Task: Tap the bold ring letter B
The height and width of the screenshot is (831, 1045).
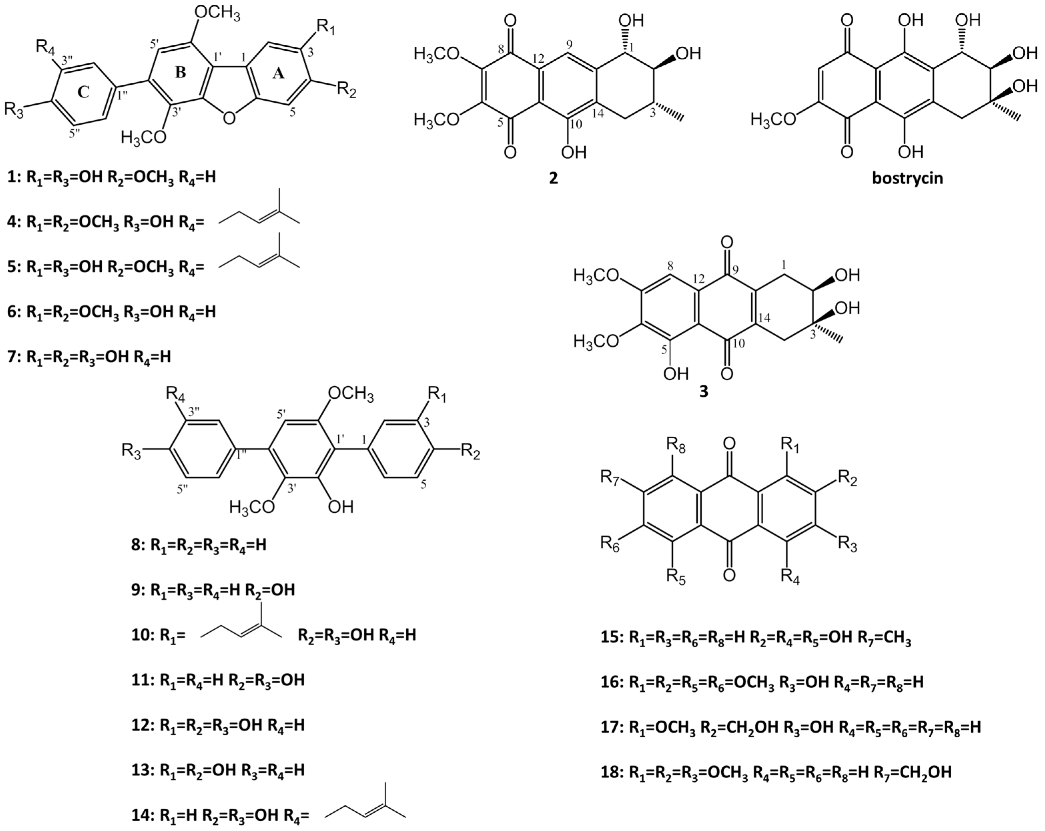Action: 180,73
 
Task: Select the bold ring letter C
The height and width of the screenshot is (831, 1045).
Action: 83,92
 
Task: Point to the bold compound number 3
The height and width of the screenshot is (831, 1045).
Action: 703,391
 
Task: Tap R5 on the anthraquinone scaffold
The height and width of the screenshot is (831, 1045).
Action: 676,576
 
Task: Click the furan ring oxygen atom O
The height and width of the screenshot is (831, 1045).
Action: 229,118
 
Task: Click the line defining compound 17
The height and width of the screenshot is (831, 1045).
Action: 805,727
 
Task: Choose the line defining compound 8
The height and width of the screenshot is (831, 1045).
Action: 199,545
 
